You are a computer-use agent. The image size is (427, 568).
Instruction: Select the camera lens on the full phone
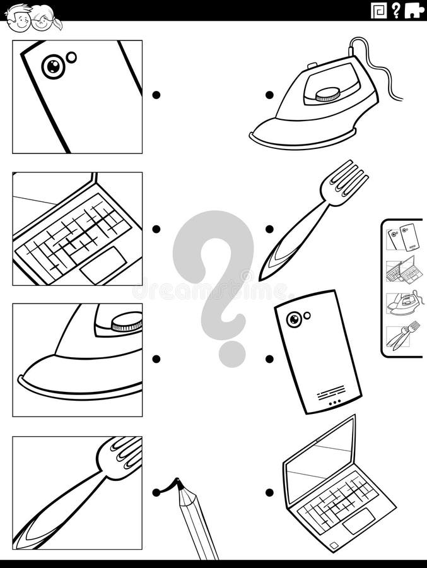tap(293, 319)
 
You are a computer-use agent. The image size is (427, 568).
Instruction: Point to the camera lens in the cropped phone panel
tap(53, 66)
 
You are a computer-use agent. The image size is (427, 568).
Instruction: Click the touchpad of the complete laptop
tap(359, 523)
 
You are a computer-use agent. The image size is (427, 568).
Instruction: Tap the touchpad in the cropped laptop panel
tap(103, 266)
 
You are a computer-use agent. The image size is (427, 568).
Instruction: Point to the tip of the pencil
tap(178, 484)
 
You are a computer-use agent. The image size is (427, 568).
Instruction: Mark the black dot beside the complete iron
tap(269, 95)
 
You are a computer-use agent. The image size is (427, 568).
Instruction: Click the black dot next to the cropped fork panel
tap(156, 492)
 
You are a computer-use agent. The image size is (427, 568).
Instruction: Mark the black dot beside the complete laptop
tap(269, 492)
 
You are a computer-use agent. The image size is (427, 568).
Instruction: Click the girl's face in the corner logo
tap(44, 22)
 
